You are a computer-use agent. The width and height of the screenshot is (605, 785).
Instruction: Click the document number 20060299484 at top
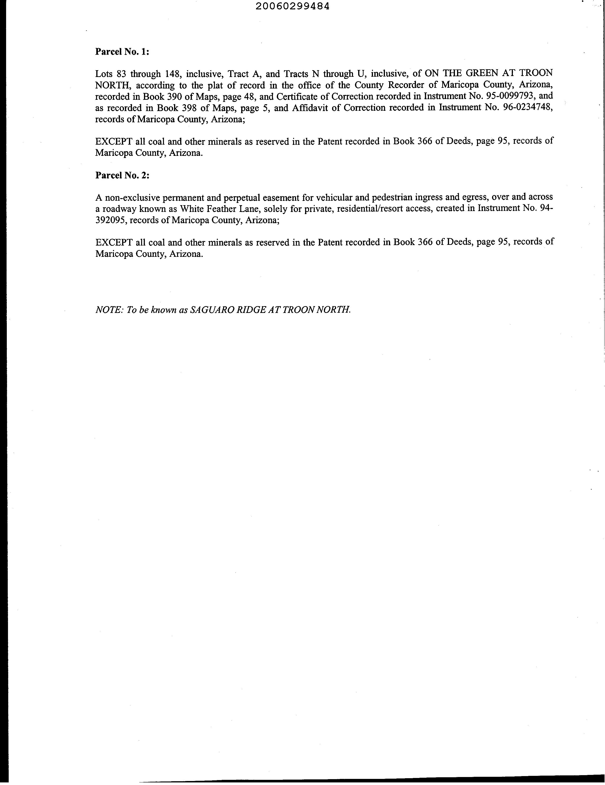(x=293, y=7)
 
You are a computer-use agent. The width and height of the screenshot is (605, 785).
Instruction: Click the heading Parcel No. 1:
(x=122, y=52)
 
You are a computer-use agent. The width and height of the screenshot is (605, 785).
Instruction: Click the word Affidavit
(x=310, y=108)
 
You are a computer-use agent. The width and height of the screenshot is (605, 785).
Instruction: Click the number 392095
(x=111, y=220)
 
